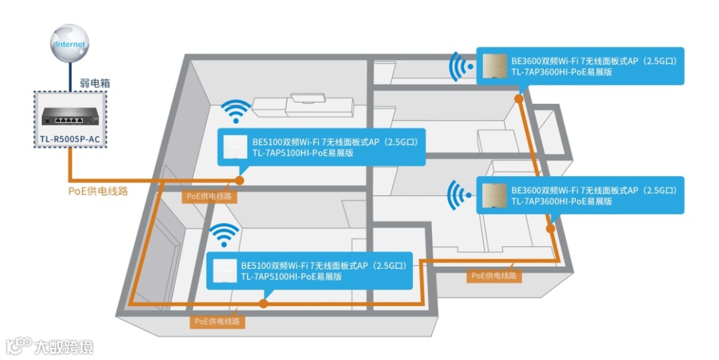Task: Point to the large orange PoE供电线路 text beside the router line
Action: tap(98, 191)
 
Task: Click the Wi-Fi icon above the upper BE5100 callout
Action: tap(236, 111)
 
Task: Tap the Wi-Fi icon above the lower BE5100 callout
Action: tap(224, 235)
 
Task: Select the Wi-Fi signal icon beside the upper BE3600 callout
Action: tap(460, 67)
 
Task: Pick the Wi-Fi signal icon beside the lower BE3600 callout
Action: tap(459, 195)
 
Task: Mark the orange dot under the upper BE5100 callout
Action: tap(239, 180)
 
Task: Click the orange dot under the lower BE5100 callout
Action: tap(264, 303)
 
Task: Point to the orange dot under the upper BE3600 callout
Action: tap(519, 98)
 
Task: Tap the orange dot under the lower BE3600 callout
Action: tap(550, 228)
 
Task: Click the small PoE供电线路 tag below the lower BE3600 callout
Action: tap(493, 275)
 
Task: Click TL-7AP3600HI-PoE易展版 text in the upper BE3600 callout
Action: tap(561, 72)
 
